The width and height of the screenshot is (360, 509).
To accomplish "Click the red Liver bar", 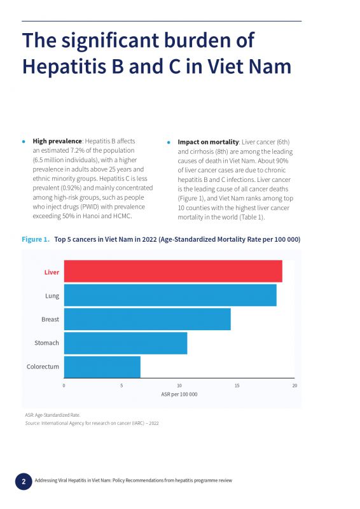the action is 173,271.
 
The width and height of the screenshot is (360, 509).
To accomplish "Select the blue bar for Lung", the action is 170,295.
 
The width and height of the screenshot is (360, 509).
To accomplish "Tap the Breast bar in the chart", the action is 148,319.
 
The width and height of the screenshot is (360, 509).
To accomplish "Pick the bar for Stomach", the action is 126,343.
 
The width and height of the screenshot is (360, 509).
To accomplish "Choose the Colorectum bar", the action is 102,367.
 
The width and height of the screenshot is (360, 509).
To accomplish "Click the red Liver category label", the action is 52,272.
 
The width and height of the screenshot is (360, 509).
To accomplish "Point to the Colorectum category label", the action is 43,366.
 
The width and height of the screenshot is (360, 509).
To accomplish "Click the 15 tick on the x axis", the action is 237,386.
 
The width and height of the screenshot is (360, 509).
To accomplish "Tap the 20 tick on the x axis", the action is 294,386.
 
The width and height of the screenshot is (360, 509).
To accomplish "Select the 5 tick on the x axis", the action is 121,386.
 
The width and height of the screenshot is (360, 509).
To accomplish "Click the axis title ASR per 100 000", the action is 179,394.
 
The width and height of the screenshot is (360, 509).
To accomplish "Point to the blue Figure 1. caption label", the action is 36,239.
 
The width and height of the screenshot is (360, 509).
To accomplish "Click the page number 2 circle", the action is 24,482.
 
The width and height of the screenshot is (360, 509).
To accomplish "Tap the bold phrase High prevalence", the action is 57,141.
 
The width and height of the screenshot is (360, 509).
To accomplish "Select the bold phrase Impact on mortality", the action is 208,142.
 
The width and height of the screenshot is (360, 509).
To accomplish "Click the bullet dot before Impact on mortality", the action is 169,143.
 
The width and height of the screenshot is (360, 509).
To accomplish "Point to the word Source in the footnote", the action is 32,423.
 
